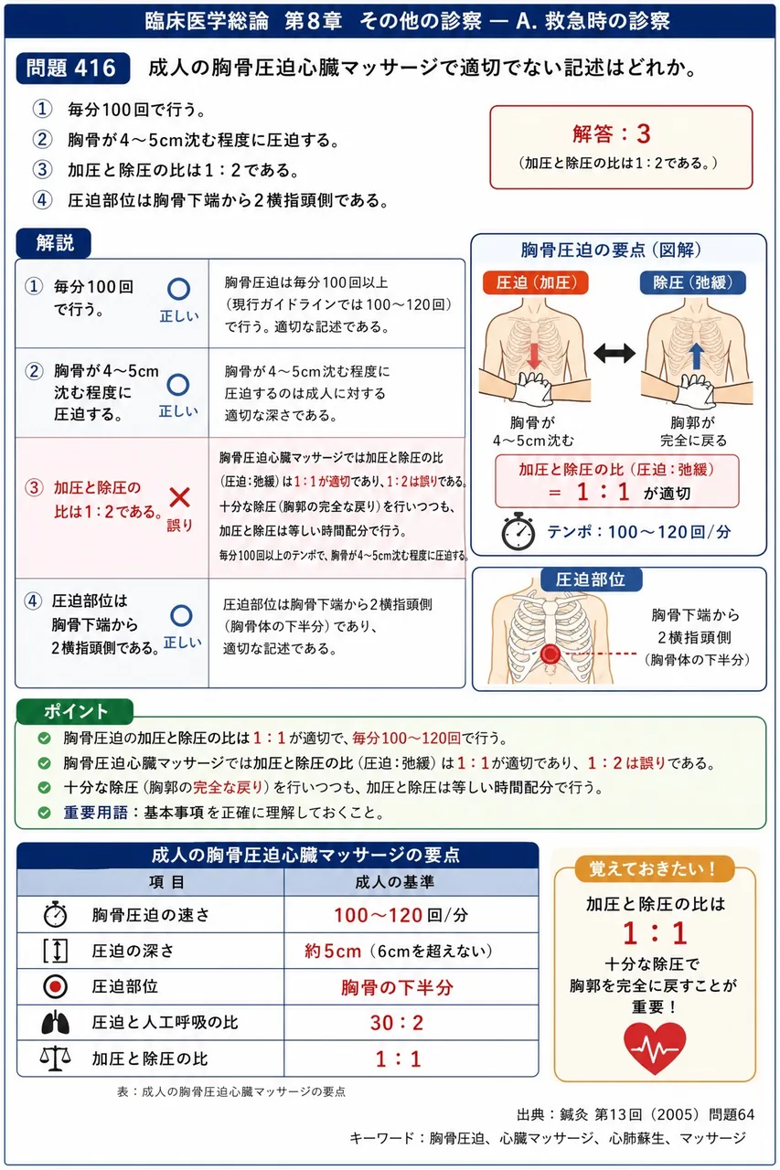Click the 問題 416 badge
72,68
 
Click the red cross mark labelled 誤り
180,497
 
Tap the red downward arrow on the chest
534,356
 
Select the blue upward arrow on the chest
695,356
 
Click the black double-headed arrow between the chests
614,353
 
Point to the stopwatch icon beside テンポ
518,531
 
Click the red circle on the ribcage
550,654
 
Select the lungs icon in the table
56,1023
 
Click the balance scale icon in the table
56,1058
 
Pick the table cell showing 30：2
397,1023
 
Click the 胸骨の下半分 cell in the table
397,986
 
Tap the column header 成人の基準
395,882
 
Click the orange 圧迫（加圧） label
536,282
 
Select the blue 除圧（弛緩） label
693,282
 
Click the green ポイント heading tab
75,711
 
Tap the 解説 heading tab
54,243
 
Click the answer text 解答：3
611,133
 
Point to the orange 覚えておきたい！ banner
655,868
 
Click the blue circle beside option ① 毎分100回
178,290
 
